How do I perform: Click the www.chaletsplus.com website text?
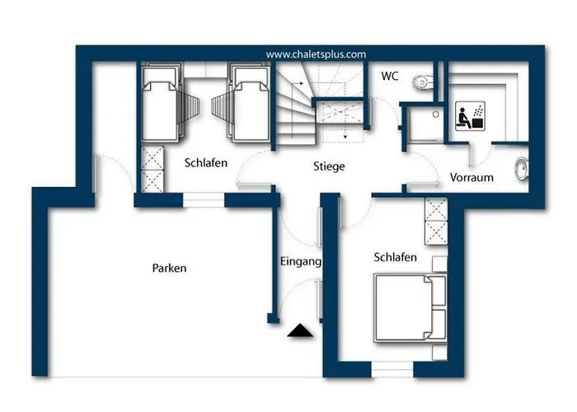click(x=316, y=54)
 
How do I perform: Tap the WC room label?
click(x=390, y=76)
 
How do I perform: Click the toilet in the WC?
click(x=423, y=82)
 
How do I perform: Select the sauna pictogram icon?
click(x=470, y=116)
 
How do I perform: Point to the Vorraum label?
click(x=471, y=177)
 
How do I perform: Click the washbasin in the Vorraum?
click(x=522, y=168)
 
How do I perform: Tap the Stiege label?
click(x=329, y=166)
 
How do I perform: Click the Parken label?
click(x=169, y=268)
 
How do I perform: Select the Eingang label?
click(x=301, y=261)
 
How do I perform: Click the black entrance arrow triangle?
click(x=300, y=330)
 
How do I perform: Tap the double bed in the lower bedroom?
click(x=410, y=308)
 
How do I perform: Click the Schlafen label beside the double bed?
click(x=395, y=257)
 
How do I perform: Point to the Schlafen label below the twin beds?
click(x=206, y=162)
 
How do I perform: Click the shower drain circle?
click(x=436, y=115)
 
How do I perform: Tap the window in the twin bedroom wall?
click(x=204, y=200)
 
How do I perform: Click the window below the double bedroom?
click(x=392, y=369)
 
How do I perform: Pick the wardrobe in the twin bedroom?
click(x=152, y=169)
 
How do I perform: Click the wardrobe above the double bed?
click(x=436, y=221)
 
